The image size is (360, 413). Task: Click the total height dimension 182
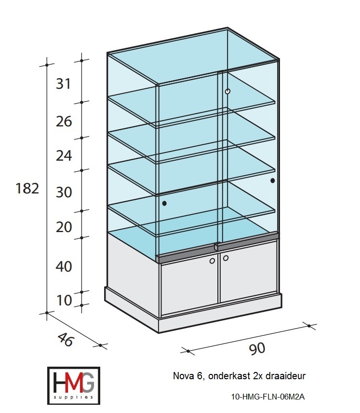(x=27, y=188)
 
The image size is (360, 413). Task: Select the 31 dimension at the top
(x=64, y=84)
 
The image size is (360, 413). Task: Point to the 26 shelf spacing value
(x=64, y=122)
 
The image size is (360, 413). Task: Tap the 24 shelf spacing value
(x=64, y=155)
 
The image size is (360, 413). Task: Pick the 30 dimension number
(x=64, y=192)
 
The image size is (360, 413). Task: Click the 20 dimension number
(x=64, y=227)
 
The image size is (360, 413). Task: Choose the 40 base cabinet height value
(x=64, y=266)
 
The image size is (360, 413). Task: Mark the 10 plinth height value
(x=64, y=300)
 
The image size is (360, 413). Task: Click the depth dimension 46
(x=65, y=340)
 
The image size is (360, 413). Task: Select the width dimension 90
(x=257, y=349)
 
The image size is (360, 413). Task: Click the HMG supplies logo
(x=74, y=385)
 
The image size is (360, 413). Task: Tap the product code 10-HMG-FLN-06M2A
(x=268, y=397)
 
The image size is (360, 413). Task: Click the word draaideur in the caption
(x=286, y=376)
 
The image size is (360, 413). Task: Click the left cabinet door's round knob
(x=212, y=261)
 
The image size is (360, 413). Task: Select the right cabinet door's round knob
(x=226, y=258)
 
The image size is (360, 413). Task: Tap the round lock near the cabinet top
(x=228, y=91)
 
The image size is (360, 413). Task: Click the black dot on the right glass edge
(x=273, y=180)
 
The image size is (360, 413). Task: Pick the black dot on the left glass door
(x=164, y=203)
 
